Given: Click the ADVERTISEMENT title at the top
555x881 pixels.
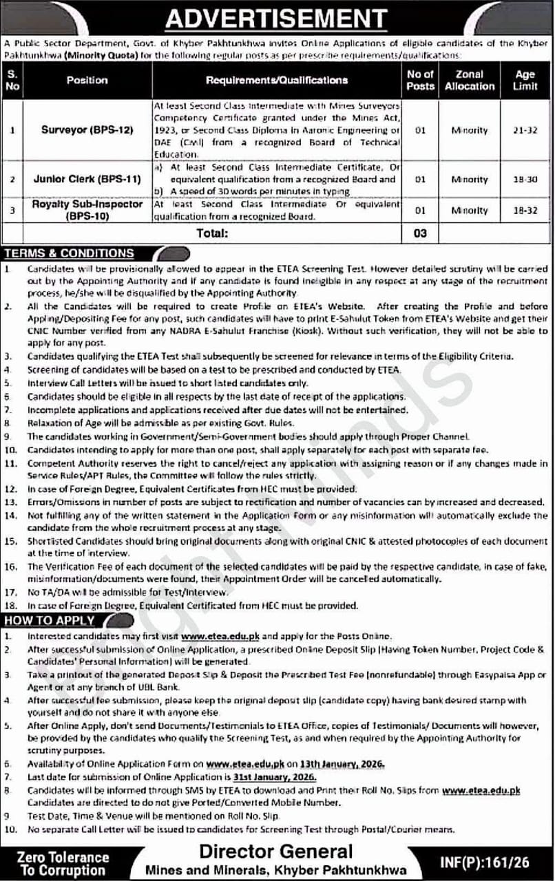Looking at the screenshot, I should tap(277, 18).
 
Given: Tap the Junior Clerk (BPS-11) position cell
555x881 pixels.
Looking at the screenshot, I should tap(87, 179).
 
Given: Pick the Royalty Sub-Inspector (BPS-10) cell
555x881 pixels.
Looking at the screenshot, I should tap(87, 210).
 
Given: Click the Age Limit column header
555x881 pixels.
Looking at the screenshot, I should tap(525, 80).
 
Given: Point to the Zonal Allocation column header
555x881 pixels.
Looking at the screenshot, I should tap(470, 80).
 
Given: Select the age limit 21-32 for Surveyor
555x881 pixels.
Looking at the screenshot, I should tap(525, 130).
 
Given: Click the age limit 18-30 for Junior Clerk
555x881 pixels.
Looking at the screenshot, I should tap(525, 179).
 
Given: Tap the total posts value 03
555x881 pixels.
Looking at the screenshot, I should tap(420, 233).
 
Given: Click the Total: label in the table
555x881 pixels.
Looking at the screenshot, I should tap(212, 233).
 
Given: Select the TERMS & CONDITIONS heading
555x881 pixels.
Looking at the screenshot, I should tap(68, 253).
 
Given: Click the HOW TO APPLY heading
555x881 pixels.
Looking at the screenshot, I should tap(49, 620).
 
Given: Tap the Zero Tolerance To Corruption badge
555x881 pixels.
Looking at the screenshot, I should tap(63, 863).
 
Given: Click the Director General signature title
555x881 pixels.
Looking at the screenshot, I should tap(275, 851).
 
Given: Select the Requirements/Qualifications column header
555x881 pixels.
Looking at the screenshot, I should tap(277, 80).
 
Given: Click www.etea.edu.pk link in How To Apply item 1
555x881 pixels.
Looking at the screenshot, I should tap(221, 637).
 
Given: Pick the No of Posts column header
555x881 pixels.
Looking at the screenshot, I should tap(420, 80).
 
